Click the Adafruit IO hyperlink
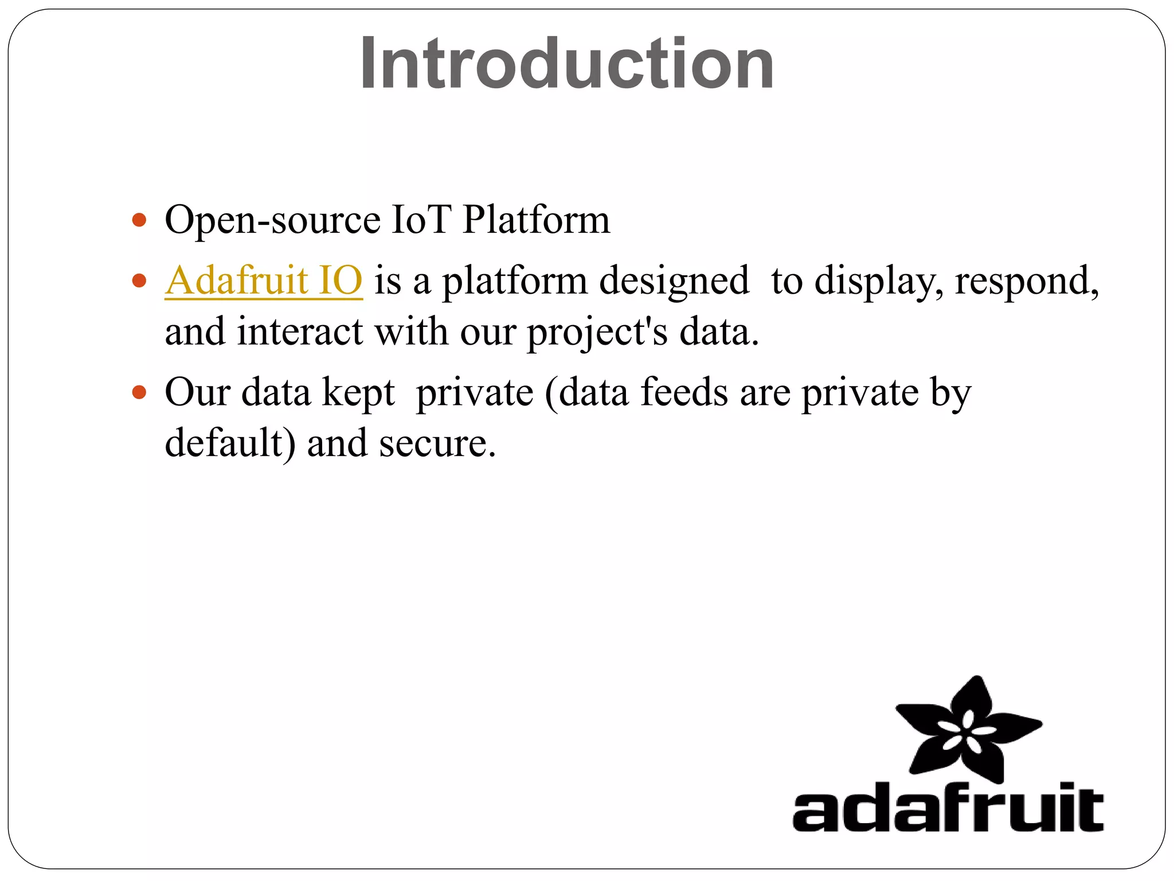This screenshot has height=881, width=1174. [264, 280]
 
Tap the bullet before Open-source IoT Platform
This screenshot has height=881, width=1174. [139, 220]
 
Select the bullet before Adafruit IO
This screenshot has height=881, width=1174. [139, 280]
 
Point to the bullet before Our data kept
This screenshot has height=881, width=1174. [139, 393]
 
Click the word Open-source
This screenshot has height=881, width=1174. [272, 221]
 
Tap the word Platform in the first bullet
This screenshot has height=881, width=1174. [536, 220]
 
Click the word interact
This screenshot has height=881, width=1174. [300, 332]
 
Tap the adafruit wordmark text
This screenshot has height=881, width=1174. [948, 809]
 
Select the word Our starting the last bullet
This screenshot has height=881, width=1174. [197, 393]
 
